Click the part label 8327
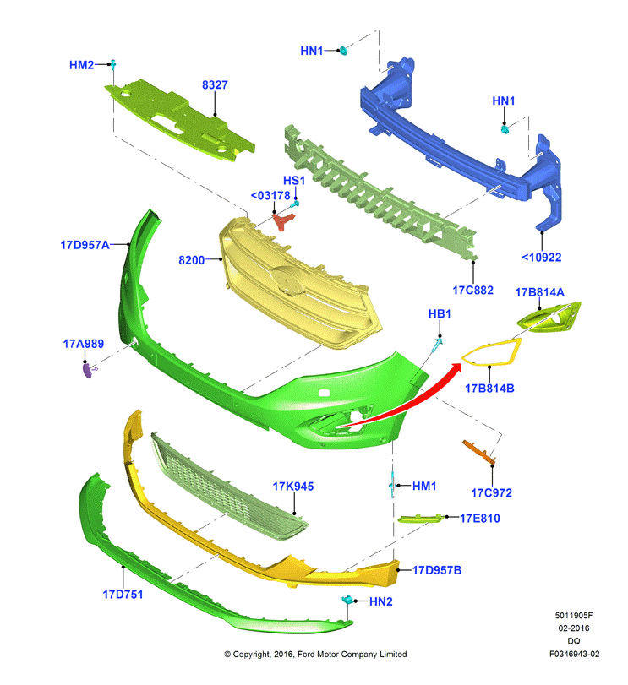click(x=215, y=84)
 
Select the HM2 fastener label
click(x=81, y=65)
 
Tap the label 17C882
click(x=472, y=290)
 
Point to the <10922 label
click(x=542, y=258)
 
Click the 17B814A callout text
click(x=540, y=292)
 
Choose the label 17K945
click(x=293, y=487)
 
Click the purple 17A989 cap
click(x=87, y=371)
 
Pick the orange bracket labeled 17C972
click(x=479, y=452)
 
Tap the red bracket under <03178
click(x=283, y=221)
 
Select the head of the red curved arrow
click(x=456, y=370)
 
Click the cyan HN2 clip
click(x=347, y=600)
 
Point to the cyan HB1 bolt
click(x=438, y=345)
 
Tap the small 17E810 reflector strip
click(x=420, y=519)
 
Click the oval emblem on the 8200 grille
click(x=287, y=281)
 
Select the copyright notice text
click(x=315, y=654)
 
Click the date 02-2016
click(x=573, y=628)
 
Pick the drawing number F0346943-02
click(x=574, y=654)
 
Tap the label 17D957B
click(x=437, y=570)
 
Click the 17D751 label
click(x=123, y=594)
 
